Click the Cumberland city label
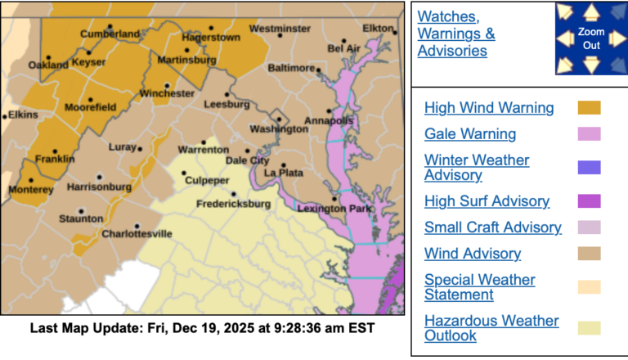[x=110, y=34]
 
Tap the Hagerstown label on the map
[x=210, y=38]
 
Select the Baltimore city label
[x=291, y=67]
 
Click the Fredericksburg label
[x=233, y=203]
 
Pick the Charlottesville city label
[x=137, y=234]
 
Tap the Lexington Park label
[x=334, y=209]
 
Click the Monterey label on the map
[x=31, y=190]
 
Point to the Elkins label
[x=22, y=115]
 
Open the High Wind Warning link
[x=489, y=108]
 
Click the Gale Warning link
[x=470, y=134]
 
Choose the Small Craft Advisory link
[x=493, y=227]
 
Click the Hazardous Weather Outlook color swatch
[x=589, y=328]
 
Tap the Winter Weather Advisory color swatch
[x=589, y=168]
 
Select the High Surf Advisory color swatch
[x=589, y=201]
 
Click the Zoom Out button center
[x=590, y=39]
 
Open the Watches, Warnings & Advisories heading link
[x=455, y=34]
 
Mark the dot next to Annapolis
[x=330, y=111]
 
